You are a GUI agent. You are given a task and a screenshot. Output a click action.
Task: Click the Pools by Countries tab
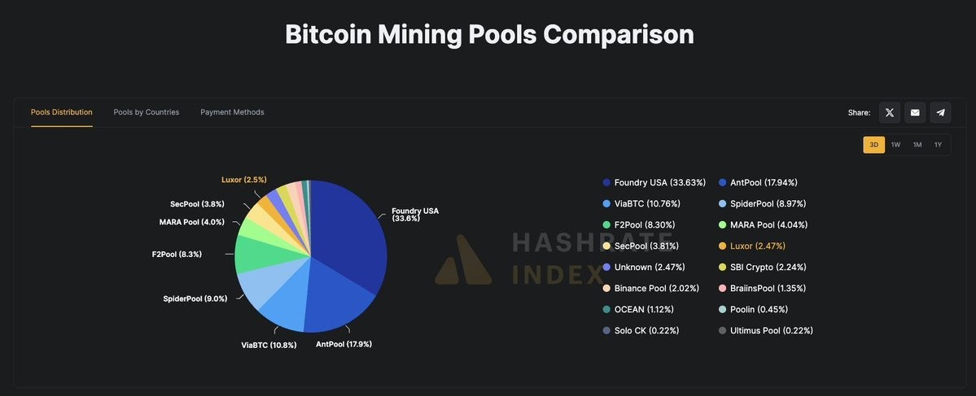(147, 112)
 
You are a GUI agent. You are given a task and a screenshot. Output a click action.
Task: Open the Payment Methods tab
(232, 112)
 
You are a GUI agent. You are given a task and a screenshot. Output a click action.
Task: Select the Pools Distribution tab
(62, 112)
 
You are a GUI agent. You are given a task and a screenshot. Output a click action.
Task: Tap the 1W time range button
(895, 145)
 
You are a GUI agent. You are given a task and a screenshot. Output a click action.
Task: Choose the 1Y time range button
(938, 145)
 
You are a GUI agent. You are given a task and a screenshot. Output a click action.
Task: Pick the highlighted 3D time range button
(873, 145)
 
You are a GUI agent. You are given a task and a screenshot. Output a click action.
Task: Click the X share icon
(890, 112)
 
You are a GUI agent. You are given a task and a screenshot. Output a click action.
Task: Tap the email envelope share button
(915, 112)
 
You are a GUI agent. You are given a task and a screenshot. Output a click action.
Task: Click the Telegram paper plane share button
(940, 112)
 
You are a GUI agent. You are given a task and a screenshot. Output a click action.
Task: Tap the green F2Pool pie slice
(254, 255)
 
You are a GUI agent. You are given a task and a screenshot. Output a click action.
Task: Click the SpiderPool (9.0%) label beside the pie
(195, 298)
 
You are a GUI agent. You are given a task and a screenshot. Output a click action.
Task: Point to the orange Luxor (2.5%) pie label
(244, 180)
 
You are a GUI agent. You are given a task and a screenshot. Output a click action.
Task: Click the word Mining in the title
(420, 34)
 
